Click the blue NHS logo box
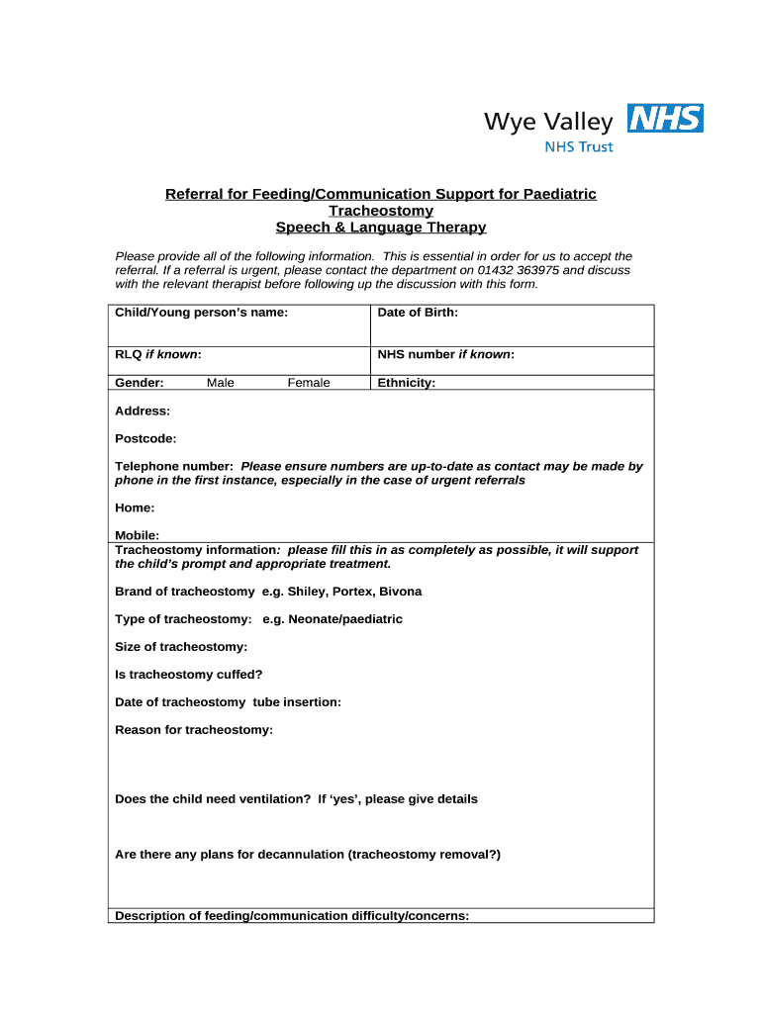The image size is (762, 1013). pyautogui.click(x=665, y=120)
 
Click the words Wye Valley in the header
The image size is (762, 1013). pyautogui.click(x=548, y=122)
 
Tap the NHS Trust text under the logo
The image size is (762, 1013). pyautogui.click(x=580, y=147)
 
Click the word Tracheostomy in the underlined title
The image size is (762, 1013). pyautogui.click(x=381, y=211)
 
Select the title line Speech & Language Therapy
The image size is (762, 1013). pyautogui.click(x=381, y=228)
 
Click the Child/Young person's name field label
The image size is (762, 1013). pyautogui.click(x=202, y=313)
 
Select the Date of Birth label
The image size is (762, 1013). pyautogui.click(x=418, y=313)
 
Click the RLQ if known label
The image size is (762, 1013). pyautogui.click(x=158, y=354)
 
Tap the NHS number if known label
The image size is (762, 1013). pyautogui.click(x=445, y=354)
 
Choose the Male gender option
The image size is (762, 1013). pyautogui.click(x=221, y=383)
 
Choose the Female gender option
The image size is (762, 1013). pyautogui.click(x=309, y=383)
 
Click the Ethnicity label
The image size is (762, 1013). pyautogui.click(x=406, y=383)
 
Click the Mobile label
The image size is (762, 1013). pyautogui.click(x=138, y=535)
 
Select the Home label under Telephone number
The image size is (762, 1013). pyautogui.click(x=135, y=507)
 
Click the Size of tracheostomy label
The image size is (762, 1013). pyautogui.click(x=181, y=647)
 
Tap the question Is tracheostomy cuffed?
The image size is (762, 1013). pyautogui.click(x=189, y=675)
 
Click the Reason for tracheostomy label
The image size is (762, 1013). pyautogui.click(x=194, y=730)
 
